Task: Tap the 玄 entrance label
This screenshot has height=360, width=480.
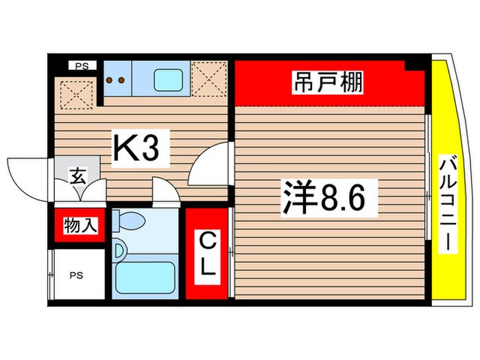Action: (77, 176)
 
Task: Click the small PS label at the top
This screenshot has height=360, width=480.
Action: (82, 67)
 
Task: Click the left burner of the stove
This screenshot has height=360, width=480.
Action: (112, 80)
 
